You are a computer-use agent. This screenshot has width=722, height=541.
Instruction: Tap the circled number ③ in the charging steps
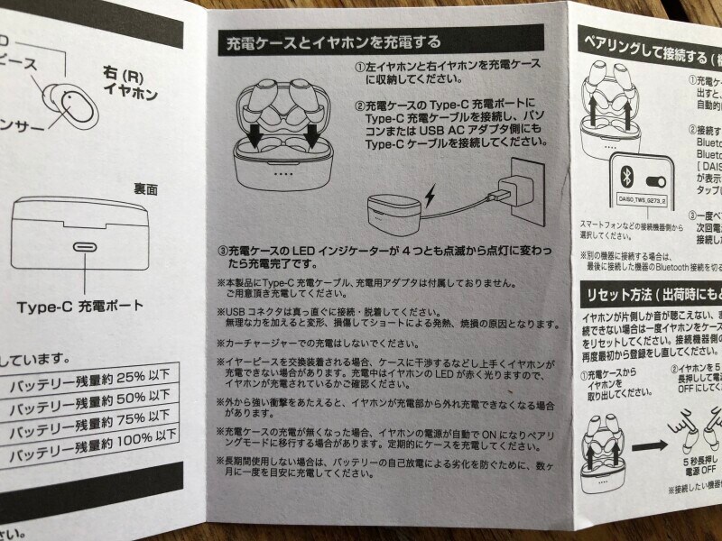[222, 249]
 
